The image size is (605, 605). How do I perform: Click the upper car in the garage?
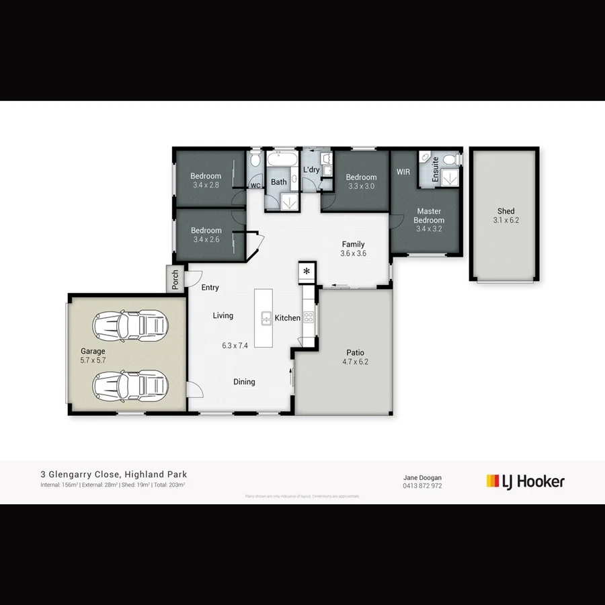(129, 325)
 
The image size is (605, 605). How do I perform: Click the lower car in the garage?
(129, 386)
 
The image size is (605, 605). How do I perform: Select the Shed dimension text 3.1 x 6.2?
(506, 220)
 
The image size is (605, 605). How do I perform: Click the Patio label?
(355, 352)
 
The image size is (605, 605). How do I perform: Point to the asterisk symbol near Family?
(307, 271)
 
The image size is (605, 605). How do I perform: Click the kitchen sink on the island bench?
(266, 318)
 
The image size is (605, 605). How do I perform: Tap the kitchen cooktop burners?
(309, 316)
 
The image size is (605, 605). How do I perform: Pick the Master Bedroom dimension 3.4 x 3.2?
(429, 229)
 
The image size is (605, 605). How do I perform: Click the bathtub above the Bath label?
(279, 161)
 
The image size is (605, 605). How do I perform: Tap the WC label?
(255, 186)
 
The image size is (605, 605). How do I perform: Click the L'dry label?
(311, 170)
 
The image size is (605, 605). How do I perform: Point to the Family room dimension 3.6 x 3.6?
(353, 253)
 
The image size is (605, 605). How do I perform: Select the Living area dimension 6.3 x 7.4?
(235, 346)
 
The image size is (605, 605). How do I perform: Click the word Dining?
(244, 382)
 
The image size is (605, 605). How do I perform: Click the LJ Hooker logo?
(525, 481)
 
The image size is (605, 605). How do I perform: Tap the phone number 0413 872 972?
(422, 485)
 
